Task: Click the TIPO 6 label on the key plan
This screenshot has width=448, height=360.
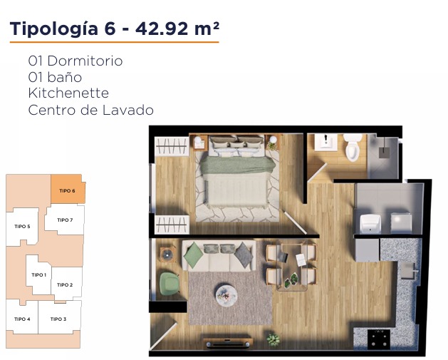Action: tap(67, 191)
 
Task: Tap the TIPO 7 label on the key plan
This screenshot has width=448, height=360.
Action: tap(65, 220)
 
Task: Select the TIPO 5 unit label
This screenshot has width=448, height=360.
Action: tap(22, 227)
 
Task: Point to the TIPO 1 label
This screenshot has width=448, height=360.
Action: tap(39, 274)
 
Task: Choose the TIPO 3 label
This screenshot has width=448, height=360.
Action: tap(58, 319)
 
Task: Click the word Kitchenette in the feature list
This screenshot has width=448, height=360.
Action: tap(68, 93)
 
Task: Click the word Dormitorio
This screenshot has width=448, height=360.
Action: tap(85, 61)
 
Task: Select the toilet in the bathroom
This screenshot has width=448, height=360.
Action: tap(353, 147)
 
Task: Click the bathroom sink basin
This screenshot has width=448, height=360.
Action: tap(326, 142)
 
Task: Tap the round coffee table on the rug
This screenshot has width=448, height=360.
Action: tap(226, 295)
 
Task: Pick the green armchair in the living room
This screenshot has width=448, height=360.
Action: tap(169, 284)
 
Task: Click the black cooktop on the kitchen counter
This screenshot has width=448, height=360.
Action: tap(379, 339)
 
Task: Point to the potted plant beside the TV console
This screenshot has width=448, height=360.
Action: tap(273, 340)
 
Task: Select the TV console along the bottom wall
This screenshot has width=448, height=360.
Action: tap(228, 343)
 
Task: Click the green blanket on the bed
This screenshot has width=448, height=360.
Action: tap(238, 165)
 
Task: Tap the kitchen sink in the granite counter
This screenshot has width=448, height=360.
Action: tap(407, 270)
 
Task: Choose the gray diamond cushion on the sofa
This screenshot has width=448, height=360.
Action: tap(244, 255)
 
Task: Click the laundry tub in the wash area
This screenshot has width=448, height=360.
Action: tap(370, 224)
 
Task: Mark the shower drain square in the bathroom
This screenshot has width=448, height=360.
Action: tap(385, 153)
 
